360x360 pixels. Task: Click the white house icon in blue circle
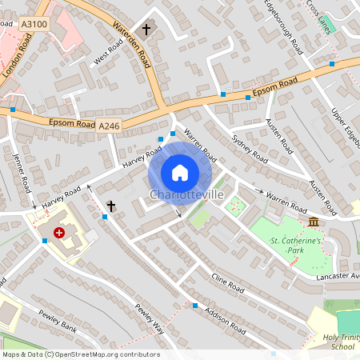pos(180,172)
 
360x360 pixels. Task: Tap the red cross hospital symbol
pos(58,233)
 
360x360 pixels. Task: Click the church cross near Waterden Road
pos(146,30)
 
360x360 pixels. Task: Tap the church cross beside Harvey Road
pos(110,206)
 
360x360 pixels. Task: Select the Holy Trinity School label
pos(329,342)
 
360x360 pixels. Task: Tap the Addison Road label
pos(225,321)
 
